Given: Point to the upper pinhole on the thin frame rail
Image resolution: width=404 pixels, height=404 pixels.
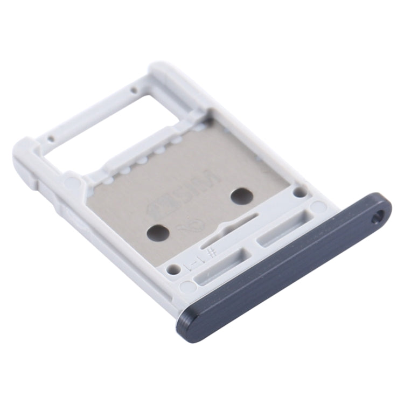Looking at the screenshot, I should (x=133, y=89).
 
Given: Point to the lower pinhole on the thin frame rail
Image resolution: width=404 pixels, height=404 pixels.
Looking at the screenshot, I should (x=51, y=138).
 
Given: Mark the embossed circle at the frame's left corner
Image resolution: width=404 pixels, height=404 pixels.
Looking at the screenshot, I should (x=71, y=182).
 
